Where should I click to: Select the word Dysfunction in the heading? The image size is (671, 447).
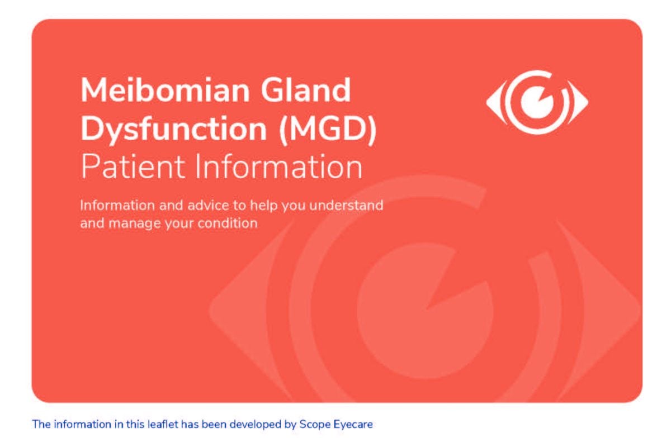tap(173, 129)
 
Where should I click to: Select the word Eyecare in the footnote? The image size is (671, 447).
tap(353, 424)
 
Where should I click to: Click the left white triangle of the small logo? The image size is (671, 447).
tap(493, 102)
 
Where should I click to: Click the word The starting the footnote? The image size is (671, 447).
tap(41, 424)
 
